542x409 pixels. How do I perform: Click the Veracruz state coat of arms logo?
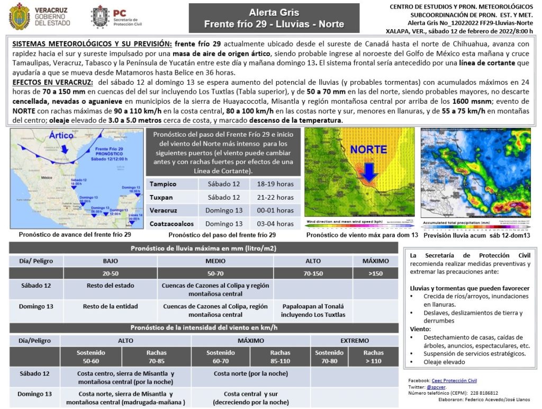coord(20,16)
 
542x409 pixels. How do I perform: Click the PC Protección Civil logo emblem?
coord(100,16)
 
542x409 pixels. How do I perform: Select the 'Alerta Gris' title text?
coord(274,12)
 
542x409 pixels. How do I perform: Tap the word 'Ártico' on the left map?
coord(61,136)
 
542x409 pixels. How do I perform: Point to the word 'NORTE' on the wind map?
coord(368,149)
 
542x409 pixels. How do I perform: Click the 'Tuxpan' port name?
coord(161,197)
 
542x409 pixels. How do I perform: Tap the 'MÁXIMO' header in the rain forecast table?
coord(375,261)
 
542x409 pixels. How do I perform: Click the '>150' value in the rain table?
coord(375,273)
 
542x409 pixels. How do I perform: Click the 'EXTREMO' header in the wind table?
coord(354,340)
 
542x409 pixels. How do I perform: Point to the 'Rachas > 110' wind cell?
coord(374,357)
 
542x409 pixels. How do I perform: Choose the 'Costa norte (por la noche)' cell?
coord(251,374)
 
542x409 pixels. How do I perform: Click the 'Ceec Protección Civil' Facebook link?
coord(454,380)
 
